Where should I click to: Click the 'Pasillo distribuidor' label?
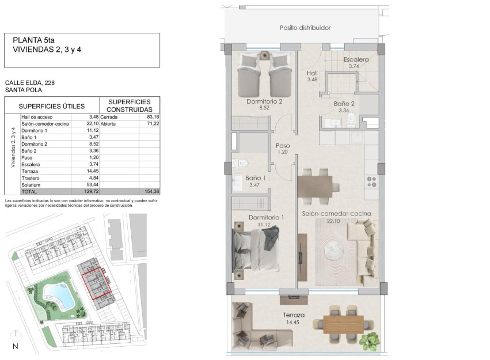point(305,28)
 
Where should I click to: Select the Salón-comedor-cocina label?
point(336,214)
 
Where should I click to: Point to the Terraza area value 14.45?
point(293,323)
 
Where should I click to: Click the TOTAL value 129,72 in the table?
point(84,191)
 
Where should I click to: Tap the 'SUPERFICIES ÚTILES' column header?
point(52,106)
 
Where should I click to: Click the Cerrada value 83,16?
point(151,117)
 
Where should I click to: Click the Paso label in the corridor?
point(283,146)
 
